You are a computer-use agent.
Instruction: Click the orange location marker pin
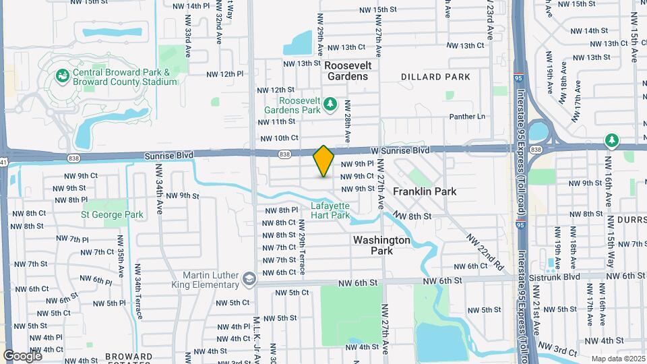(x=323, y=161)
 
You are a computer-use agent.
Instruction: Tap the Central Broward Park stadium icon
(x=62, y=75)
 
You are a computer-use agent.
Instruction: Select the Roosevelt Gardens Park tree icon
(x=330, y=103)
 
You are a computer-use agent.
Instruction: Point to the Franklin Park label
(x=425, y=191)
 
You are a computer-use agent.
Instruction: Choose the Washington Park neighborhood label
(x=381, y=245)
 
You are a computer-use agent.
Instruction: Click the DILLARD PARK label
(x=435, y=77)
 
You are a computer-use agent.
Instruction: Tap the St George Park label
(x=113, y=215)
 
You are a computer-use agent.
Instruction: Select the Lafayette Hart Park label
(x=330, y=211)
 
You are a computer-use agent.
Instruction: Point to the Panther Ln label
(x=468, y=117)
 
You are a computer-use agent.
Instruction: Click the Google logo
(x=22, y=355)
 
